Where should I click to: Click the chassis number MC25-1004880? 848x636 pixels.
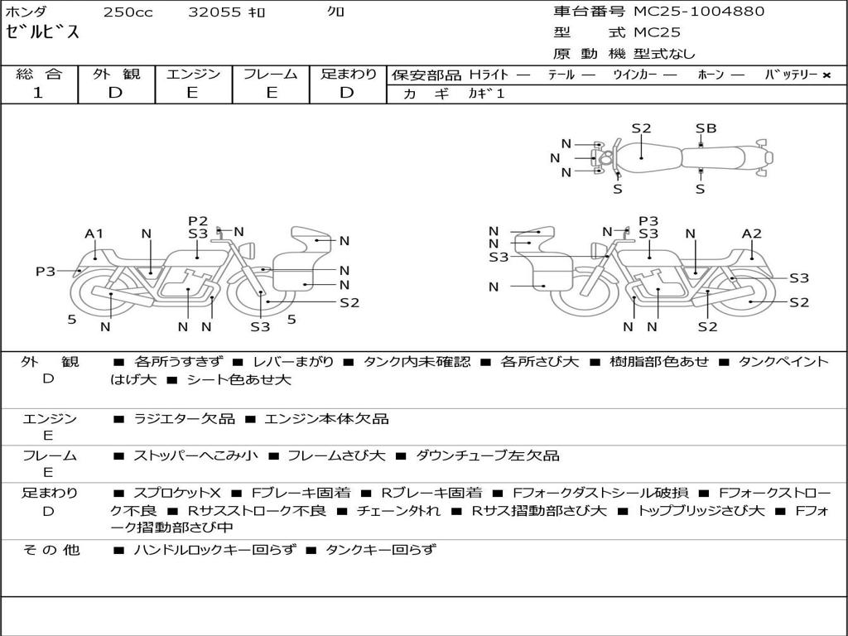(x=699, y=11)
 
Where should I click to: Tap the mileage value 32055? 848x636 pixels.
(x=214, y=12)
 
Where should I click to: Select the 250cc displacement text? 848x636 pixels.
(x=128, y=12)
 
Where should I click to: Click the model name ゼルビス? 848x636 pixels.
(x=42, y=32)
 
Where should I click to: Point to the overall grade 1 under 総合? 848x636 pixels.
(x=38, y=93)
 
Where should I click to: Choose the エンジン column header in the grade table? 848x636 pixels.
(x=193, y=74)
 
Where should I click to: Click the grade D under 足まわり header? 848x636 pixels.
(x=347, y=93)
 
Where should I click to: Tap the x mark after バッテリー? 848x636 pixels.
(x=826, y=75)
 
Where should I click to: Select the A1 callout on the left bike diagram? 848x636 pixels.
(x=94, y=234)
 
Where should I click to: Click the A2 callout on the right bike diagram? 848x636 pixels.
(x=751, y=234)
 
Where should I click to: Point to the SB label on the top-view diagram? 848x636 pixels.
(x=706, y=128)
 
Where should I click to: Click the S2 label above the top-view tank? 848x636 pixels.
(x=642, y=128)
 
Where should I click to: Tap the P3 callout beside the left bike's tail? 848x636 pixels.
(x=46, y=271)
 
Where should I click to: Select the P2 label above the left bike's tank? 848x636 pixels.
(x=198, y=220)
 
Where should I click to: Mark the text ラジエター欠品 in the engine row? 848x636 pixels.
(x=184, y=419)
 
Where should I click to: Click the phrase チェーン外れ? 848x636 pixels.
(x=398, y=510)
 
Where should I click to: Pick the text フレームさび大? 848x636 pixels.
(x=336, y=456)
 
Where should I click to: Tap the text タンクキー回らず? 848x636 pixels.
(x=380, y=550)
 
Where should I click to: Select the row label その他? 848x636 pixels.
(x=51, y=550)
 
